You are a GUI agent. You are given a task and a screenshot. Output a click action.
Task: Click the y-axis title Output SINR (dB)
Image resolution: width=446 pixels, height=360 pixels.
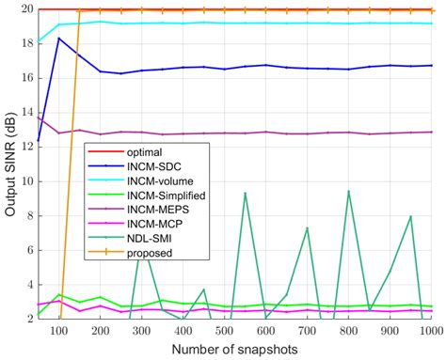pyautogui.click(x=10, y=164)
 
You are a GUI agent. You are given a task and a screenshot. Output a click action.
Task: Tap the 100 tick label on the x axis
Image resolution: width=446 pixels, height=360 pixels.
pyautogui.click(x=58, y=332)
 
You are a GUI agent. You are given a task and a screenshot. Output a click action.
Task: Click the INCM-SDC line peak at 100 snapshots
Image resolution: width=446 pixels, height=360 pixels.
pyautogui.click(x=59, y=39)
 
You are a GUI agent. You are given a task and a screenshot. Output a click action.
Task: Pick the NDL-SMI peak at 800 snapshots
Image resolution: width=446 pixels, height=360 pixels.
pyautogui.click(x=349, y=191)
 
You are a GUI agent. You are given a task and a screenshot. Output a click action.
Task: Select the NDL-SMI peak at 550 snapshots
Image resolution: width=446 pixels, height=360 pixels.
pyautogui.click(x=246, y=193)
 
